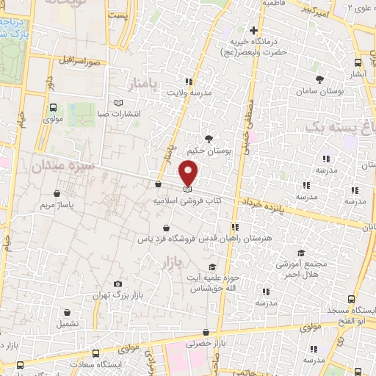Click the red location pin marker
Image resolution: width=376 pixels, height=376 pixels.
189,173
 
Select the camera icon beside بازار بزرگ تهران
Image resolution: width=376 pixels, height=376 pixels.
118,284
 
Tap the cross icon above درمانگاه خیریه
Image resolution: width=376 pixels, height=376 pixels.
253,31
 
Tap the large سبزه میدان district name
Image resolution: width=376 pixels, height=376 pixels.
62,167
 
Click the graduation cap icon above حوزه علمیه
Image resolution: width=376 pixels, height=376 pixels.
212,267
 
